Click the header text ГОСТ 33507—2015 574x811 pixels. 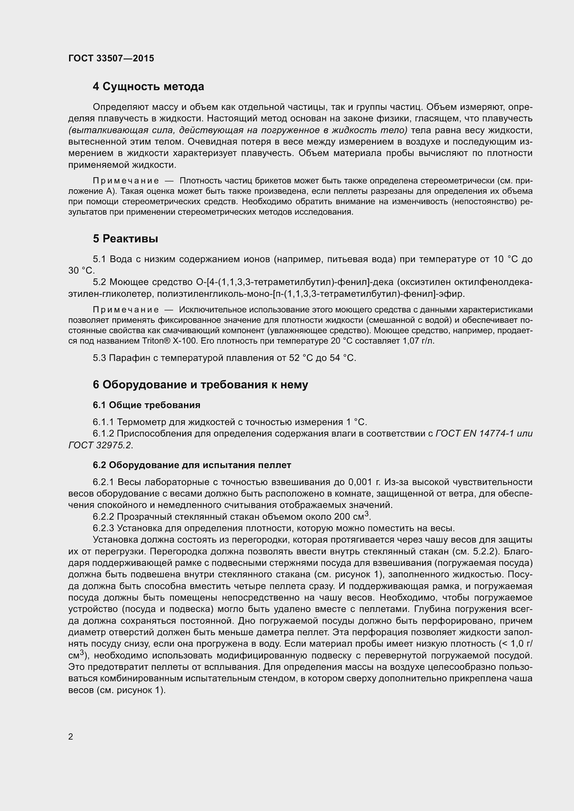click(x=111, y=58)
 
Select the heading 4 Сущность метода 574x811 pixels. click(x=149, y=87)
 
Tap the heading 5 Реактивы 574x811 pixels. click(x=126, y=239)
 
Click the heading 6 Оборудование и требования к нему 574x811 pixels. click(x=200, y=385)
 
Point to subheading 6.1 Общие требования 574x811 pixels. click(x=147, y=405)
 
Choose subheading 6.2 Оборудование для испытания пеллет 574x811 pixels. click(x=192, y=465)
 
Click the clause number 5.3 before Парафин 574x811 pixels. click(x=99, y=358)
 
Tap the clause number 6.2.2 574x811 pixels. click(x=103, y=517)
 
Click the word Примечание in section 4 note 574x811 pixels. click(x=126, y=181)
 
